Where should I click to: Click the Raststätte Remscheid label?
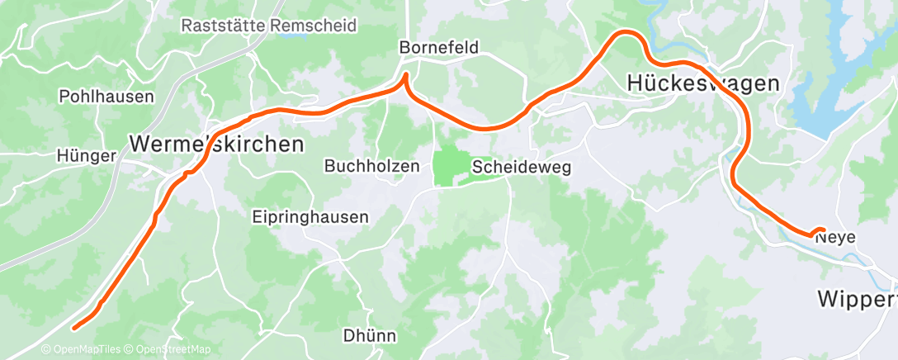pos(269,26)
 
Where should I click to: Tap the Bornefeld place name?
pos(438,48)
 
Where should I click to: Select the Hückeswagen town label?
pos(703,83)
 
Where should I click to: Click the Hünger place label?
pos(81,154)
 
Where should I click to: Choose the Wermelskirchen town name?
pos(216,144)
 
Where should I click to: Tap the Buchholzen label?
pos(372,166)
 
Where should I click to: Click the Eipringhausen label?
pos(310,216)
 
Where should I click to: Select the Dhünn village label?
pos(369,336)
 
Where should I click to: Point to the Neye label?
pos(835,237)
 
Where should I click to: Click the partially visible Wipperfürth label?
pos(857,298)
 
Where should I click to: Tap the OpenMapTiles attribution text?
pos(85,349)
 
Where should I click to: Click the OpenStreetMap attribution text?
pos(169,349)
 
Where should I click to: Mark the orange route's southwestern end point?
pos(74,329)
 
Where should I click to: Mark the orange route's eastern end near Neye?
pos(823,230)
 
